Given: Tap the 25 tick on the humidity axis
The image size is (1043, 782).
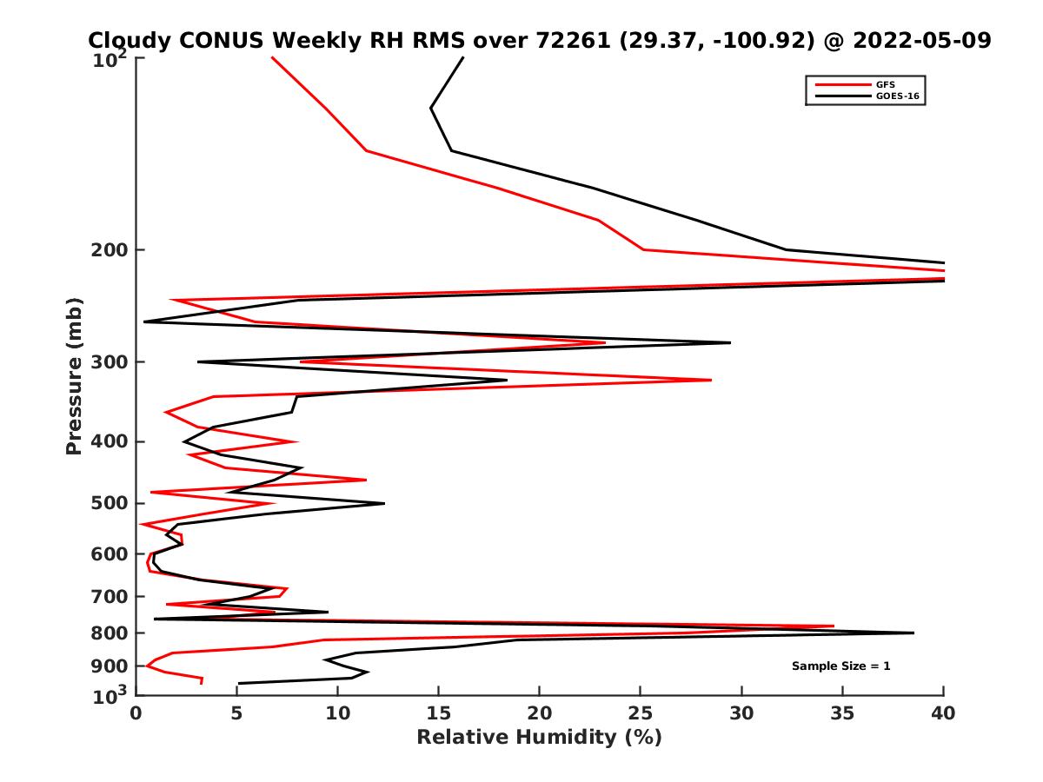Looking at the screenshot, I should click(x=641, y=714).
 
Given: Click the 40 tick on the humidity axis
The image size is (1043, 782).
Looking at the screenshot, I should click(x=943, y=714).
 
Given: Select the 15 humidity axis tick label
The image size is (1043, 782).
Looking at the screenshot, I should click(x=439, y=714).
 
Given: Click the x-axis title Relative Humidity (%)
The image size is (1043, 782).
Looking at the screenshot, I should click(x=539, y=738).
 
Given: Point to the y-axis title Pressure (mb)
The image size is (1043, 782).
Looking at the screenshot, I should click(x=74, y=375).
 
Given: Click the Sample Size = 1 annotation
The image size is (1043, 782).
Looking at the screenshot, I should click(x=840, y=666).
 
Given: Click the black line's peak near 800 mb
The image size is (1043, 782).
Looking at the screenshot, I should click(x=913, y=633).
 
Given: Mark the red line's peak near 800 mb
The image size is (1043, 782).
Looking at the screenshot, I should click(x=834, y=626).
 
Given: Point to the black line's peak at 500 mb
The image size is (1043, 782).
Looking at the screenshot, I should click(x=384, y=503).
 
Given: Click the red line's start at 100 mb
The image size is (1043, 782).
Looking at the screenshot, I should click(x=272, y=57).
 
